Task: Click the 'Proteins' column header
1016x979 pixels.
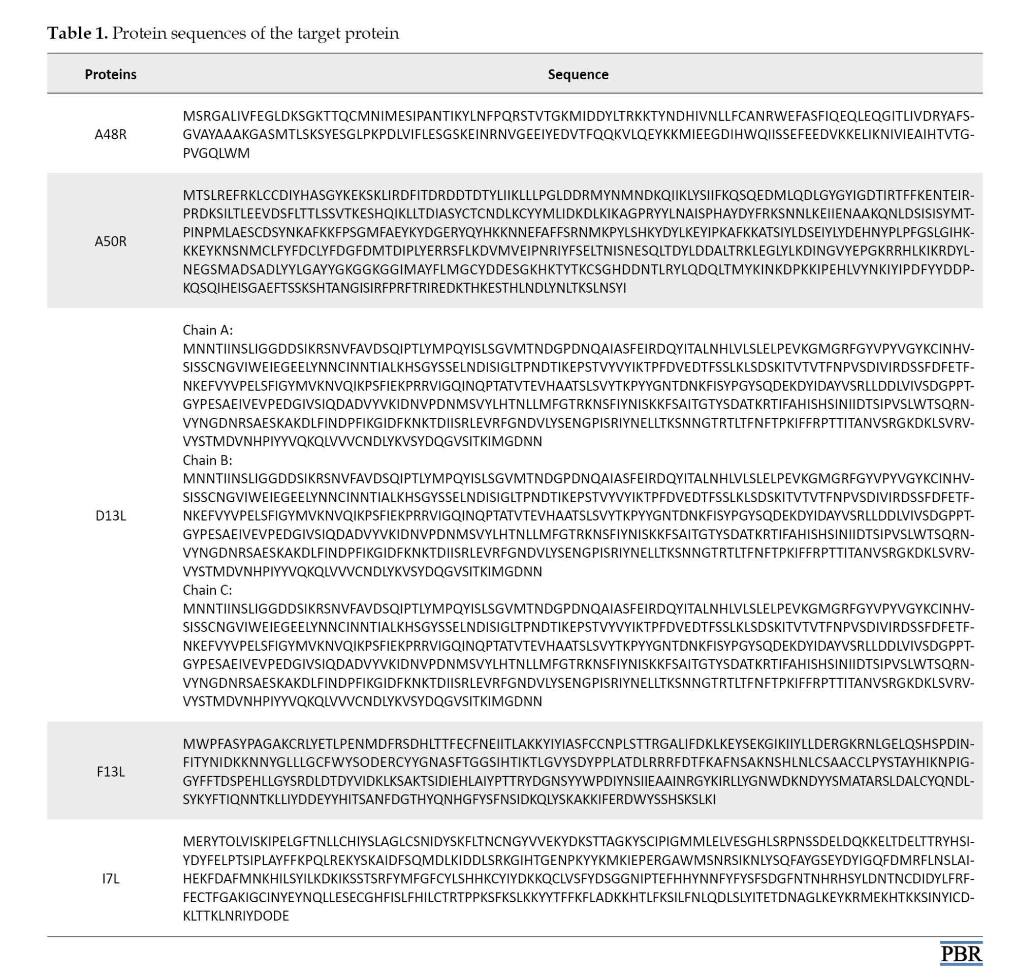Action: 110,74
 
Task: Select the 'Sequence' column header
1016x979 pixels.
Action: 578,74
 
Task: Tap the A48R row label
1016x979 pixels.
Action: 110,134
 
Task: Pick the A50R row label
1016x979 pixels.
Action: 110,241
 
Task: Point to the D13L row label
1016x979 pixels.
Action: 110,516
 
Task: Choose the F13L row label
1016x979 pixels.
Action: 110,772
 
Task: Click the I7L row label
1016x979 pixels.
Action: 110,878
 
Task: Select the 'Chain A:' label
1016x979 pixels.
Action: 207,330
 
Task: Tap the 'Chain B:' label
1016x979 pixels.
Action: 207,460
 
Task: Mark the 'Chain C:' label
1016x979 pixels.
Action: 207,590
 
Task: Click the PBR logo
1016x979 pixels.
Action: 961,954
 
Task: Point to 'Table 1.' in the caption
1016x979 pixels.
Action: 77,33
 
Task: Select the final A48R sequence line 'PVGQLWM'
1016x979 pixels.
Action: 216,153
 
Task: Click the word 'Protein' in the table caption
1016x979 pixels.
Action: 139,33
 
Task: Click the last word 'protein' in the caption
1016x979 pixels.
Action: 372,34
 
